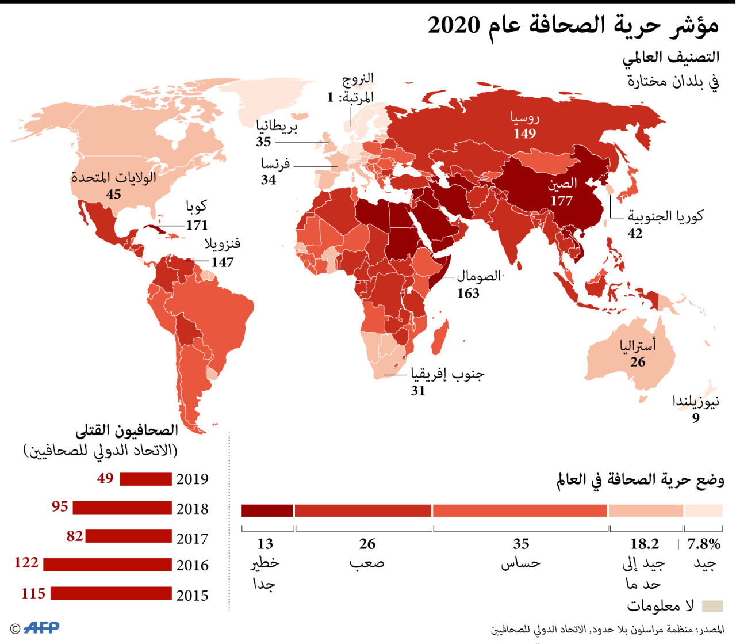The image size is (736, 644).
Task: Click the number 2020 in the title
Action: pyautogui.click(x=454, y=25)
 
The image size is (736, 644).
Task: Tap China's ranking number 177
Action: pyautogui.click(x=561, y=201)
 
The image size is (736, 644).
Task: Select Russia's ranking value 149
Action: pyautogui.click(x=524, y=134)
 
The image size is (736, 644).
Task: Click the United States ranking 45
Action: pyautogui.click(x=114, y=195)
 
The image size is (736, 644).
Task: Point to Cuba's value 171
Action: pyautogui.click(x=197, y=225)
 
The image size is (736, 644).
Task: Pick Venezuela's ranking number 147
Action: pyautogui.click(x=223, y=262)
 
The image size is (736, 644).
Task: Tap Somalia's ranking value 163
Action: pyautogui.click(x=468, y=294)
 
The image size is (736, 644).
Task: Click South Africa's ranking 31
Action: pyautogui.click(x=418, y=391)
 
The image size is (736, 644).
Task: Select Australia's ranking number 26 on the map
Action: pyautogui.click(x=638, y=362)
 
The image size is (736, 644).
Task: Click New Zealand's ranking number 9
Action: pyautogui.click(x=696, y=418)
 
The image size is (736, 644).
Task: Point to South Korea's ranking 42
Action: pyautogui.click(x=635, y=234)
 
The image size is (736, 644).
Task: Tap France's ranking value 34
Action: pyautogui.click(x=269, y=180)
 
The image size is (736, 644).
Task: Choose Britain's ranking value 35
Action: pyautogui.click(x=263, y=142)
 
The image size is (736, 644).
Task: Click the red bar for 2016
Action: pyautogui.click(x=108, y=565)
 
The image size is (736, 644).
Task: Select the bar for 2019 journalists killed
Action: pyautogui.click(x=145, y=479)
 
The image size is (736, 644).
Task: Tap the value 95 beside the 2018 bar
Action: pyautogui.click(x=60, y=506)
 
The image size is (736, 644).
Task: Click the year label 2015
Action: pyautogui.click(x=193, y=596)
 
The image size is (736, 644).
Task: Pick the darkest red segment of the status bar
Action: pyautogui.click(x=267, y=510)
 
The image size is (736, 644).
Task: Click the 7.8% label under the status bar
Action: pyautogui.click(x=704, y=544)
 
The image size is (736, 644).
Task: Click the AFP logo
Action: pyautogui.click(x=41, y=627)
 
